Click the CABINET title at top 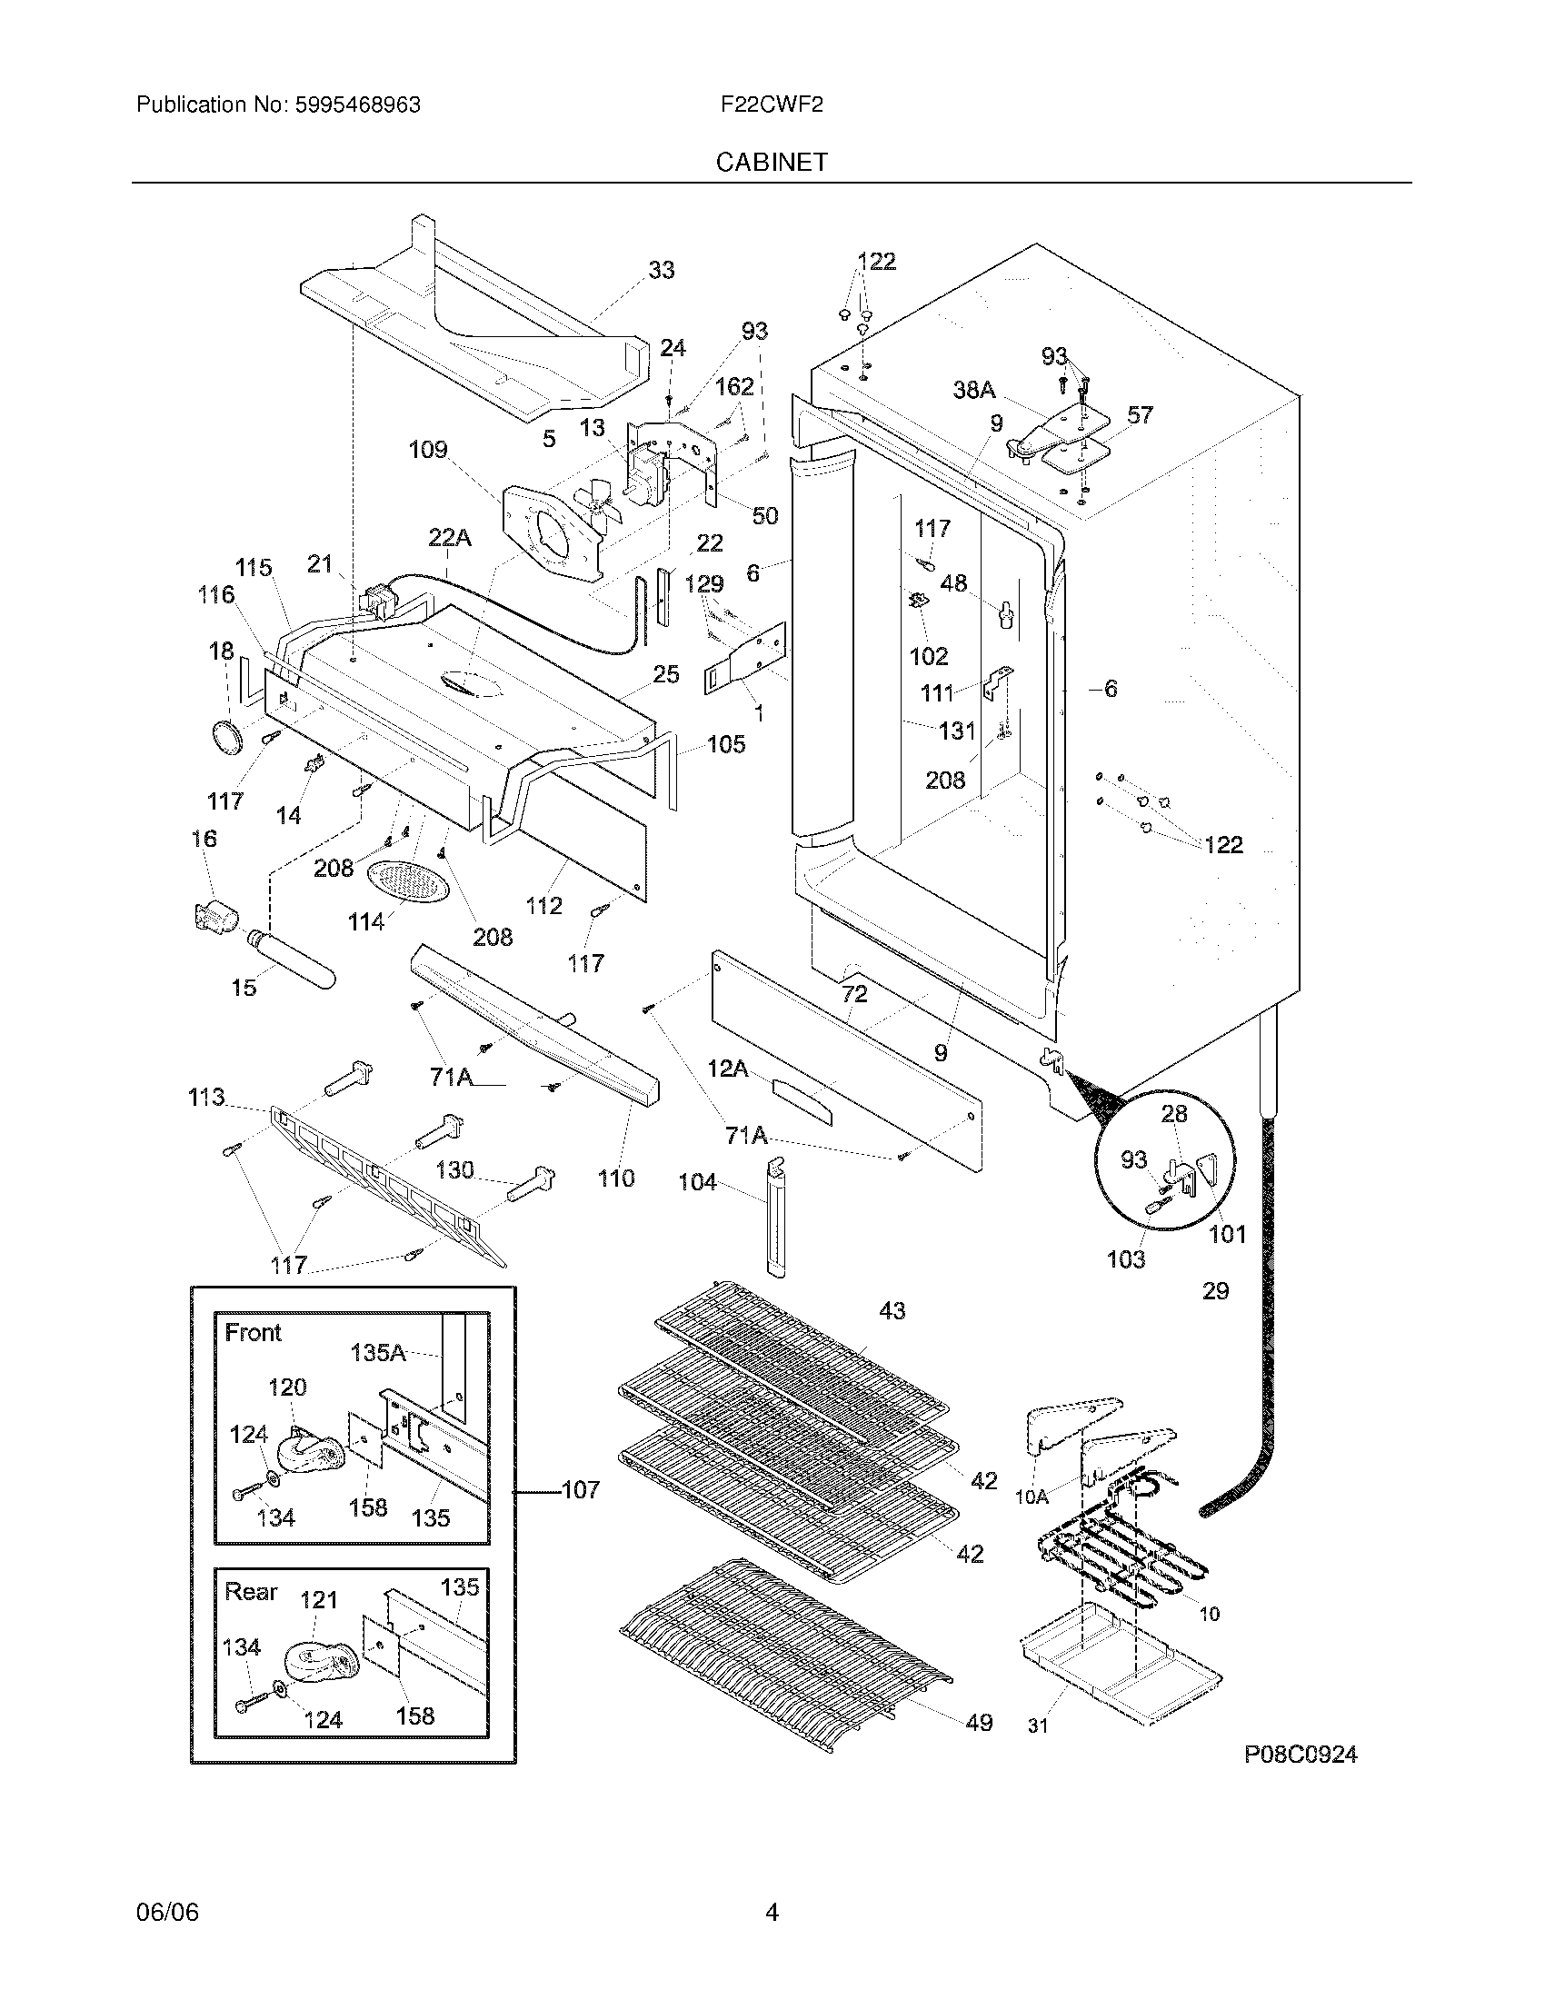[x=772, y=162]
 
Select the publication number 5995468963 [x=357, y=105]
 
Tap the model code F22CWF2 [x=772, y=105]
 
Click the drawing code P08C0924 [x=1300, y=1754]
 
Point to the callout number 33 [x=661, y=270]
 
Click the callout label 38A [x=973, y=391]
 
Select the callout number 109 [x=427, y=450]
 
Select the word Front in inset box [x=253, y=1333]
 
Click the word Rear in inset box [x=251, y=1592]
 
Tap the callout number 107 [x=580, y=1490]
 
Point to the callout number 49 [x=979, y=1723]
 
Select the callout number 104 [x=696, y=1182]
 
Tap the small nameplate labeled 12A [x=803, y=1101]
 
